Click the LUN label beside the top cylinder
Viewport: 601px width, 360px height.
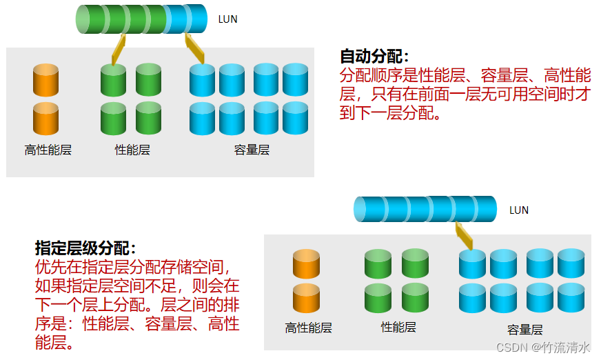tap(227, 19)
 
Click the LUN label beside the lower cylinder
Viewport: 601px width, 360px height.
tap(518, 210)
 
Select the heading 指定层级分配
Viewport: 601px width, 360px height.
tap(85, 248)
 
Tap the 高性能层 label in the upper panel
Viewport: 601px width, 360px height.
tap(48, 150)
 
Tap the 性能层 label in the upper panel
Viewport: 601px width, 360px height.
tap(132, 150)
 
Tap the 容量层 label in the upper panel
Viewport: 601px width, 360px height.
tap(252, 150)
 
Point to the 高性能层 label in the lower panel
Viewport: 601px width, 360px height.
tap(308, 328)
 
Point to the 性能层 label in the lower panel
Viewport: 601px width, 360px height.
tap(398, 327)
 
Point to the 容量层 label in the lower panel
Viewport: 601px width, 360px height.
tap(525, 330)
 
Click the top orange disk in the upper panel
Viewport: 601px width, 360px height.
tap(45, 79)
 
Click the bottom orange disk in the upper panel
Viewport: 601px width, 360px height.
tap(45, 118)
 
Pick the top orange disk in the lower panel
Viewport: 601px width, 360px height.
tap(306, 264)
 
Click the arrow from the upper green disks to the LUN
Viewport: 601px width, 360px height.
tap(118, 50)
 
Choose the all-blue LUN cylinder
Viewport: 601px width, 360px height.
tap(425, 209)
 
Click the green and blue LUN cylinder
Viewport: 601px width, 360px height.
tap(141, 19)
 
